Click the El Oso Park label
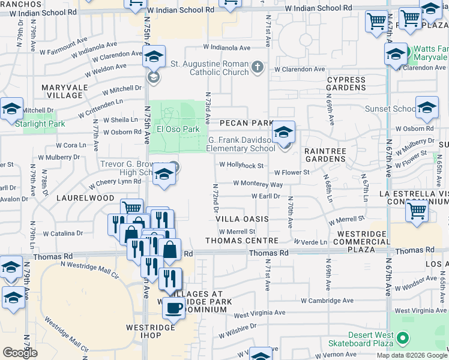click(178, 129)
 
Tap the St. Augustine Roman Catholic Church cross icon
click(258, 66)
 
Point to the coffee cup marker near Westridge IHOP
click(173, 308)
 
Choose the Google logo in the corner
click(20, 353)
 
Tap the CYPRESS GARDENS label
click(346, 83)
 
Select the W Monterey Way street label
click(258, 184)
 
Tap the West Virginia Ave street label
click(258, 314)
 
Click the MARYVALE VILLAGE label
click(62, 91)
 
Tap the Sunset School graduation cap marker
click(427, 109)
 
